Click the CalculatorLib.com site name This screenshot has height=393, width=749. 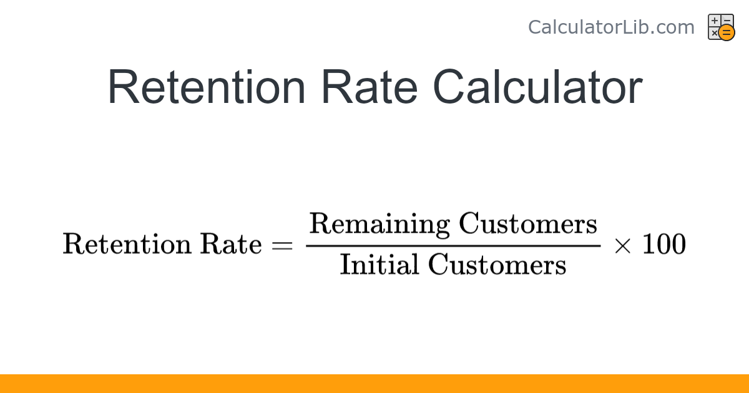[x=610, y=27]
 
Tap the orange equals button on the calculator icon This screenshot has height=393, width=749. [x=727, y=33]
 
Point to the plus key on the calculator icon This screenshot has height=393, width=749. [x=715, y=21]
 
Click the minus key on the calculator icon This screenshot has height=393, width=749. [x=727, y=20]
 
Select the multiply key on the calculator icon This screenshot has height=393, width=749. [x=714, y=33]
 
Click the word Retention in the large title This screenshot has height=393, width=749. [x=206, y=87]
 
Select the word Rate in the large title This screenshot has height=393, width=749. [x=369, y=87]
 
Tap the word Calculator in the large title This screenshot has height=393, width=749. [x=537, y=87]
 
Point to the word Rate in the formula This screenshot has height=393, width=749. [x=230, y=244]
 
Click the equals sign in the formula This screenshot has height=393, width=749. [x=282, y=245]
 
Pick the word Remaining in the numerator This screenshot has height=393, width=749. [x=379, y=224]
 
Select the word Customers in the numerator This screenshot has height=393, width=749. [x=528, y=223]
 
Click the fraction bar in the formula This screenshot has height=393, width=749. [x=453, y=245]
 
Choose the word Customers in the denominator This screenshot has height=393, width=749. [x=497, y=265]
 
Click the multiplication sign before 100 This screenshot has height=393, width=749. [x=622, y=245]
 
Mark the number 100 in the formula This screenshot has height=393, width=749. [x=663, y=244]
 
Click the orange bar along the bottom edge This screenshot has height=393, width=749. [x=374, y=384]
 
